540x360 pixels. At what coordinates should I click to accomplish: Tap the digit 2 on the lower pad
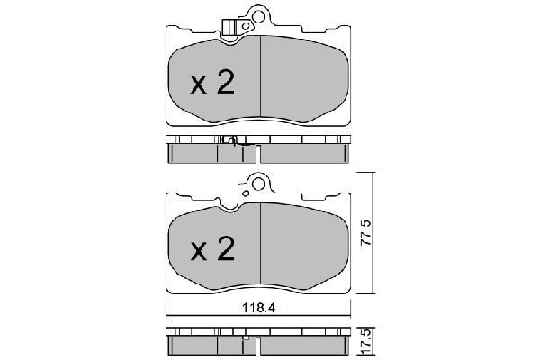click(x=224, y=248)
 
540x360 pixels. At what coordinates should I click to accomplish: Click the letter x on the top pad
click(x=199, y=85)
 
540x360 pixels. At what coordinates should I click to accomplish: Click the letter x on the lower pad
click(x=199, y=251)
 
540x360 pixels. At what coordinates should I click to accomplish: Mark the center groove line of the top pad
click(x=259, y=81)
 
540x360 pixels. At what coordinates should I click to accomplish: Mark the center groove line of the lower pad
click(x=259, y=247)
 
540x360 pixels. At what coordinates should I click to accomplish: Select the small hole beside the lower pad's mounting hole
click(x=244, y=191)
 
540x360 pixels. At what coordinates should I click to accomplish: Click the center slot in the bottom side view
click(x=257, y=346)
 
